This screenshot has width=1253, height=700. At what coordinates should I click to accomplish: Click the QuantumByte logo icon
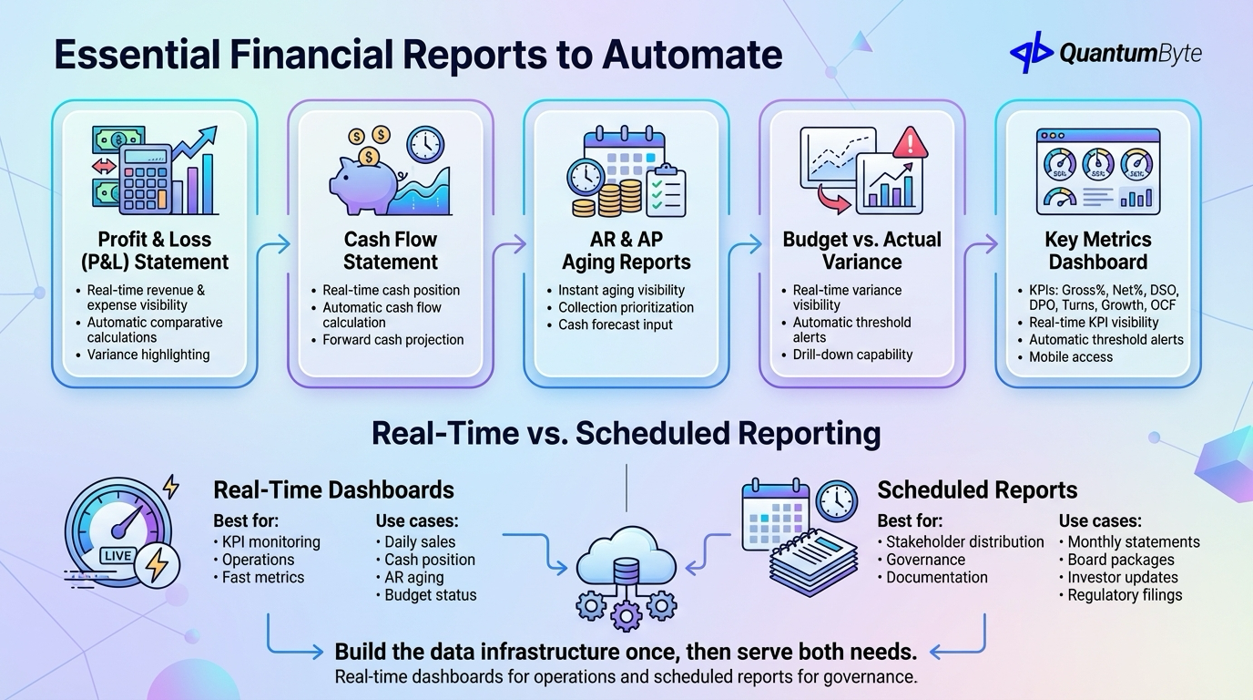pos(1032,52)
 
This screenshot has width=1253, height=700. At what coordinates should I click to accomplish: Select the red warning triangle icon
pos(909,144)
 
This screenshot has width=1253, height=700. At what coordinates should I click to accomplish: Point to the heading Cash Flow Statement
pos(391,251)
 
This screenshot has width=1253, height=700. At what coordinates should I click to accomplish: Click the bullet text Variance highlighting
pos(148,355)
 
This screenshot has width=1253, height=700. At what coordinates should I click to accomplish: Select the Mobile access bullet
pos(1071,357)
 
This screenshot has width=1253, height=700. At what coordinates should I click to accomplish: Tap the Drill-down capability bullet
pos(852,355)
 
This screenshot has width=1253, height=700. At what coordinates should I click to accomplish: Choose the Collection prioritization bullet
pos(626,307)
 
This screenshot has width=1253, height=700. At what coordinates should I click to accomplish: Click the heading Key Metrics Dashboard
pos(1098,251)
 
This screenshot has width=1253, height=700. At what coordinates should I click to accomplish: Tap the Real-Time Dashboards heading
pos(333,489)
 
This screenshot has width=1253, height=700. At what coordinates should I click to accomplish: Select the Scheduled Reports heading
pos(977,489)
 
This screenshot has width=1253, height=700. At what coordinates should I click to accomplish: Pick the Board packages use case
pos(1121,560)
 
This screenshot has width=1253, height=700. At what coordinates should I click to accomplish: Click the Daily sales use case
pos(420,542)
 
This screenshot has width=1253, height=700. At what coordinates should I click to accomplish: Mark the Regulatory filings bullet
pos(1125,595)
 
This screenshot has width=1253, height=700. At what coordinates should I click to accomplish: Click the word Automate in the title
pos(692,55)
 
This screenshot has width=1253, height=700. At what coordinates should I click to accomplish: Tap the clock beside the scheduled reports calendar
pos(836,499)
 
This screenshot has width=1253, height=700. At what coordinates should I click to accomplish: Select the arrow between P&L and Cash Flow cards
pos(273,244)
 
